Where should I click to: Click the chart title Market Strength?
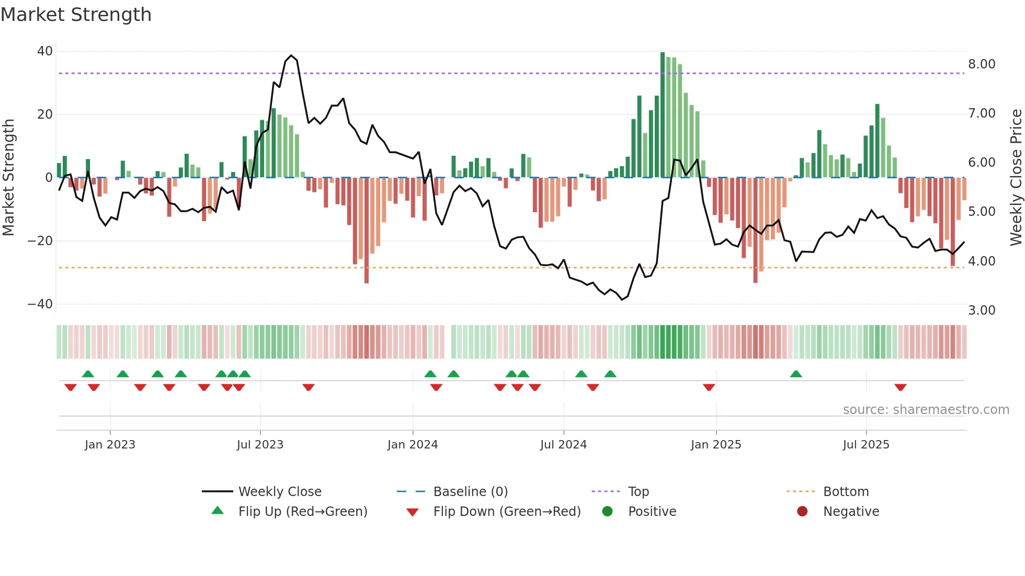76,15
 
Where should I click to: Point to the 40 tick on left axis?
45,51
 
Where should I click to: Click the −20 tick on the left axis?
40,241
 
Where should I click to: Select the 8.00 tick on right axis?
982,64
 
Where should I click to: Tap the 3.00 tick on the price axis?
982,310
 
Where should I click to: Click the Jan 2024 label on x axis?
413,445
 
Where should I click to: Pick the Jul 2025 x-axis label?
866,445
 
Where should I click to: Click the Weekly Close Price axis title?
1016,178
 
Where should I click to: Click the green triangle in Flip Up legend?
218,511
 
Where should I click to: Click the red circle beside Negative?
802,511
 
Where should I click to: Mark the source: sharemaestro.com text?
926,410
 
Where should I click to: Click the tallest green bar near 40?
663,115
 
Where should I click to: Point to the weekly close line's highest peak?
291,55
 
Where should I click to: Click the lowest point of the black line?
622,299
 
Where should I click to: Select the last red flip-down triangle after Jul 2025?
900,387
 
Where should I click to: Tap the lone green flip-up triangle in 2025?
796,374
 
